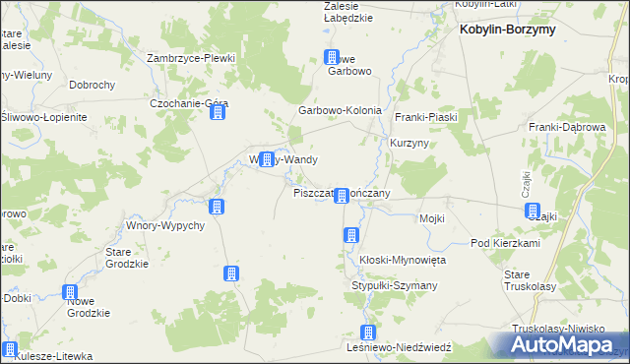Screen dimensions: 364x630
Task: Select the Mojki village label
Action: point(432,218)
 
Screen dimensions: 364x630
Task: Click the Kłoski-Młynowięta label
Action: point(403,259)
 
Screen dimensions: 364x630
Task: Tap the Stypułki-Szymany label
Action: point(395,285)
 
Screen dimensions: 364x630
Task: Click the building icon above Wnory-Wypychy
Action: point(217,207)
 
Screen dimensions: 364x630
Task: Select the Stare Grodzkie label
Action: point(127,257)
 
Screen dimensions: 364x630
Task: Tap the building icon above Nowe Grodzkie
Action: point(71,292)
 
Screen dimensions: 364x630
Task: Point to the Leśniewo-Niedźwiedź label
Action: point(399,347)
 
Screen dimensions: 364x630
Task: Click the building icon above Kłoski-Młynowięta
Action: point(349,234)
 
